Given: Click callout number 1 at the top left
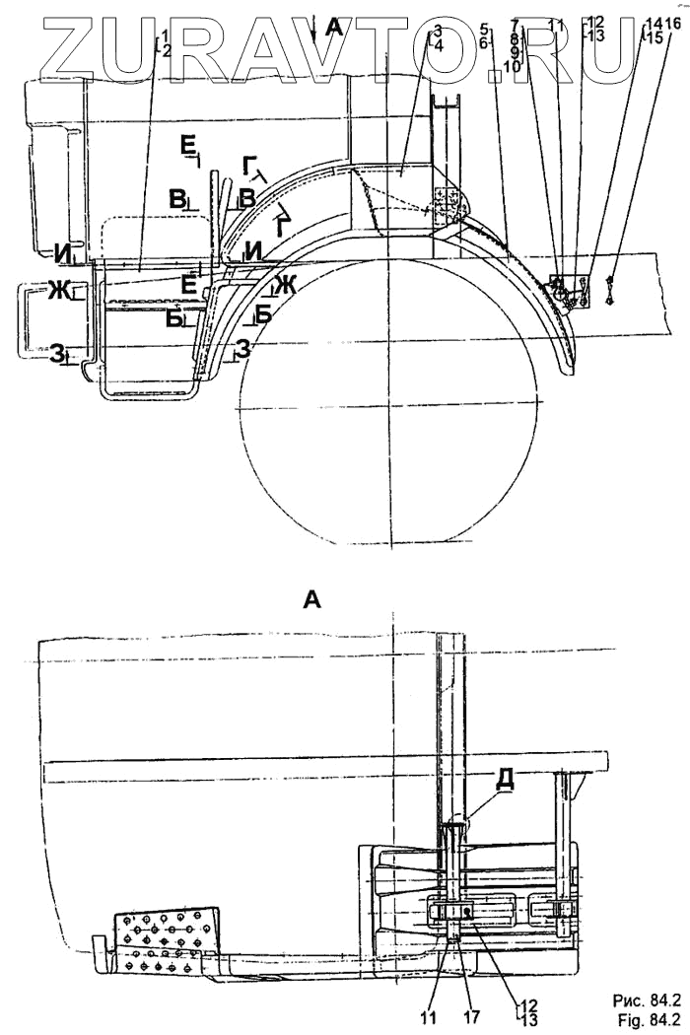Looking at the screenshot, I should (x=168, y=35).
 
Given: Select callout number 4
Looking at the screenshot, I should (x=438, y=45).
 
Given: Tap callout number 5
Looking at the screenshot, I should (x=484, y=30).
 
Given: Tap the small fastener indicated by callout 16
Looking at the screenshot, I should (x=612, y=287).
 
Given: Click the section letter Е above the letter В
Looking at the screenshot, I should (x=188, y=147).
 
